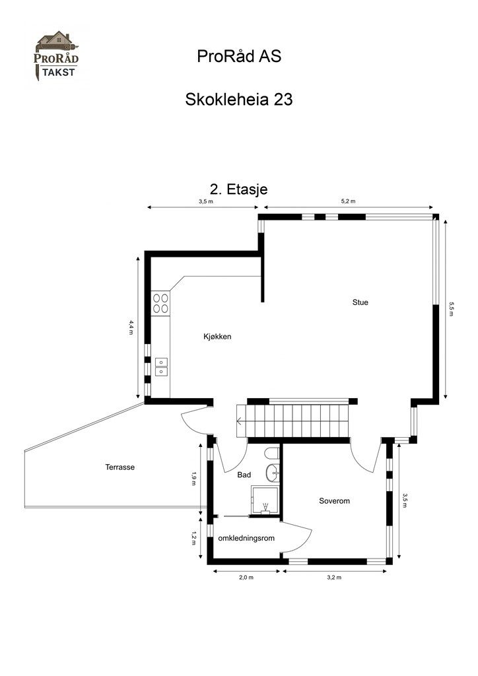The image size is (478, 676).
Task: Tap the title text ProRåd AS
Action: (239, 57)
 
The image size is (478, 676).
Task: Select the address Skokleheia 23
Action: (239, 100)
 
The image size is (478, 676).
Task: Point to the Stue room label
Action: (360, 302)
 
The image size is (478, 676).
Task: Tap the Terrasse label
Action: (119, 467)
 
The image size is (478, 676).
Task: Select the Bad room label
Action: (243, 475)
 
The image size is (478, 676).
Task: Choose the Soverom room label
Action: (334, 501)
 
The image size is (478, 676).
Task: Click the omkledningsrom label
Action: (246, 538)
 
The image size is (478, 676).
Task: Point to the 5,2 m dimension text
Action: (348, 201)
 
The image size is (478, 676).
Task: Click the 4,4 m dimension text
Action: (131, 327)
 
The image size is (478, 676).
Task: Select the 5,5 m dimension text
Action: (452, 309)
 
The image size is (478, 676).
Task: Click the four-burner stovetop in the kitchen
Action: (160, 303)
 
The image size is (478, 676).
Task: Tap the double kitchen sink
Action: (161, 366)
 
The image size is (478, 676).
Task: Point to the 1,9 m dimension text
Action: (193, 478)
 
